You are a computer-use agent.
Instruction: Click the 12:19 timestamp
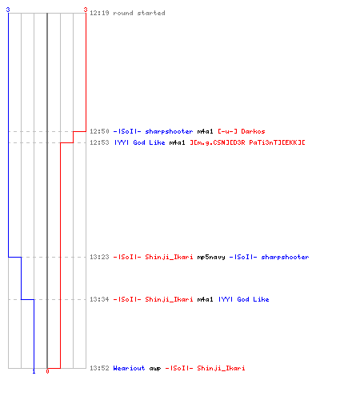(99, 13)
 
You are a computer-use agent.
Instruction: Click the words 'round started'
(139, 13)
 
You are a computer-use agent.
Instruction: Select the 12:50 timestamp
(99, 131)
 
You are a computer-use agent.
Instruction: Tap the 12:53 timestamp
(99, 142)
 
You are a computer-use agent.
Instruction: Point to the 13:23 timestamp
(99, 257)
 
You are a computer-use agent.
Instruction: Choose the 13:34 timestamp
(99, 299)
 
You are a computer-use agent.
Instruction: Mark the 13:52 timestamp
(99, 368)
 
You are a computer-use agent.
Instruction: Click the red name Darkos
(253, 131)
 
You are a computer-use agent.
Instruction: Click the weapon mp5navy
(211, 258)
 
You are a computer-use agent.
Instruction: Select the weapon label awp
(155, 369)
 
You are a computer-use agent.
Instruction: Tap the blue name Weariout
(129, 368)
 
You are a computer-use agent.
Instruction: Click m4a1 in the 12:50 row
(205, 131)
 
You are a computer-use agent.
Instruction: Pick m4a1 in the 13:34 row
(205, 299)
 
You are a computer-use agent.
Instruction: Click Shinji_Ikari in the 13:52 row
(221, 368)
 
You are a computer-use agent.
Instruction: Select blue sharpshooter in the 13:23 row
(285, 257)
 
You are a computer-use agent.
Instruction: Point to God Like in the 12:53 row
(149, 142)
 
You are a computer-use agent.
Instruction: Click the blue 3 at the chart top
(8, 10)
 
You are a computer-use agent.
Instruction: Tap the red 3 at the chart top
(86, 10)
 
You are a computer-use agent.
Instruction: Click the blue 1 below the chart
(34, 371)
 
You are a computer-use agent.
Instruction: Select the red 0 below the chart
(47, 371)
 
